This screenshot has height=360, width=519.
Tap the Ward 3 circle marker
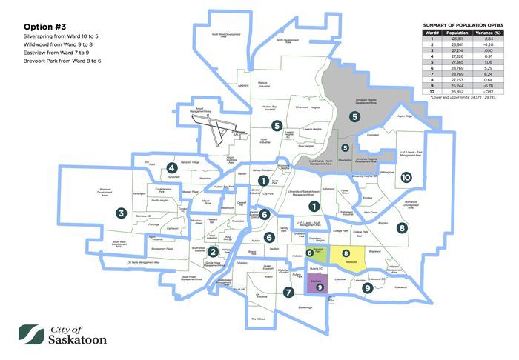[x=121, y=213]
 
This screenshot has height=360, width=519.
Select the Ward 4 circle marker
[x=171, y=167]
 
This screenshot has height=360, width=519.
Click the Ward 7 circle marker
[x=287, y=291]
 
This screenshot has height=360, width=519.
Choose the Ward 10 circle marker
[x=405, y=178]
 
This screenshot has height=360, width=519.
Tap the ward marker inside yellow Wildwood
[x=346, y=254]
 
